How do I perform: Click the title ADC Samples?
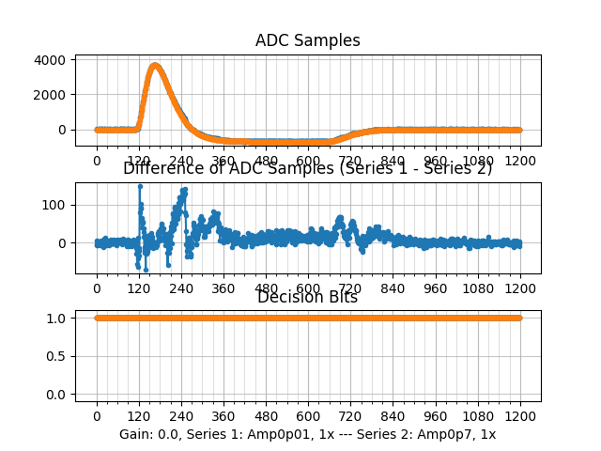(307, 40)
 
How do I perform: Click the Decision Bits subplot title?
(307, 298)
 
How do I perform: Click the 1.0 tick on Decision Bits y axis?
(58, 318)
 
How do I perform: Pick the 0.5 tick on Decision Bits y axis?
(58, 356)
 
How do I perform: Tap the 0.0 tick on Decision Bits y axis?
(58, 395)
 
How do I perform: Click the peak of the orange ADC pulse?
(155, 65)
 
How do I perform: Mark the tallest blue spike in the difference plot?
(140, 186)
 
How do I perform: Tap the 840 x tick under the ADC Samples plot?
(393, 161)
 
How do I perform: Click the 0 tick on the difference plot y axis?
(64, 242)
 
